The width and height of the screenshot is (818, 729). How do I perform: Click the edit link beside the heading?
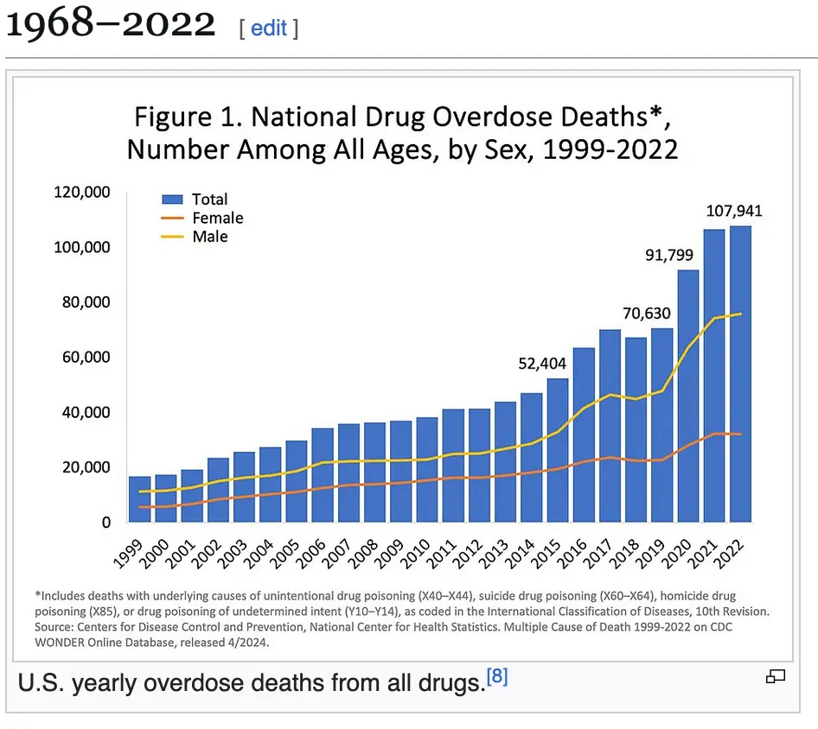pos(268,28)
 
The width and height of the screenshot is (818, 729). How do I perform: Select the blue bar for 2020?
pos(688,397)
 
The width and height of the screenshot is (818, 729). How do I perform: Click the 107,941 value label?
pos(734,211)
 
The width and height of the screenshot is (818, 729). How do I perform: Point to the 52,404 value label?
pos(542,364)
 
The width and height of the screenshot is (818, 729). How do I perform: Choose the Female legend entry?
pos(217,219)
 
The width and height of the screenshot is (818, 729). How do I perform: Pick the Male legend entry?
pos(209,237)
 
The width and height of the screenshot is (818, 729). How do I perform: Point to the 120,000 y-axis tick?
pos(82,193)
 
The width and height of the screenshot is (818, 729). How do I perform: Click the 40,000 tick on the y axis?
pos(86,413)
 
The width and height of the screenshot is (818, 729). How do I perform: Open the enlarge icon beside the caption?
pos(775,677)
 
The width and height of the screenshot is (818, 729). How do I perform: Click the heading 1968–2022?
pos(111,25)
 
